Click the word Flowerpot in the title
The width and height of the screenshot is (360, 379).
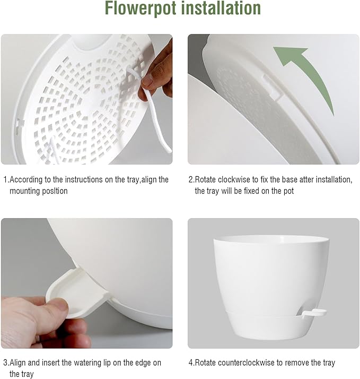[x=141, y=9]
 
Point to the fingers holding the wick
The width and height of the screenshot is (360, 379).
[x=159, y=74]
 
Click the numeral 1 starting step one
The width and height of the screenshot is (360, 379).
[x=5, y=179]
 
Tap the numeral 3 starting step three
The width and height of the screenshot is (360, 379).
[x=5, y=363]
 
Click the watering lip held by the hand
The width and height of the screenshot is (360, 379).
[x=69, y=287]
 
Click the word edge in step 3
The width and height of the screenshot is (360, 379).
[x=144, y=363]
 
